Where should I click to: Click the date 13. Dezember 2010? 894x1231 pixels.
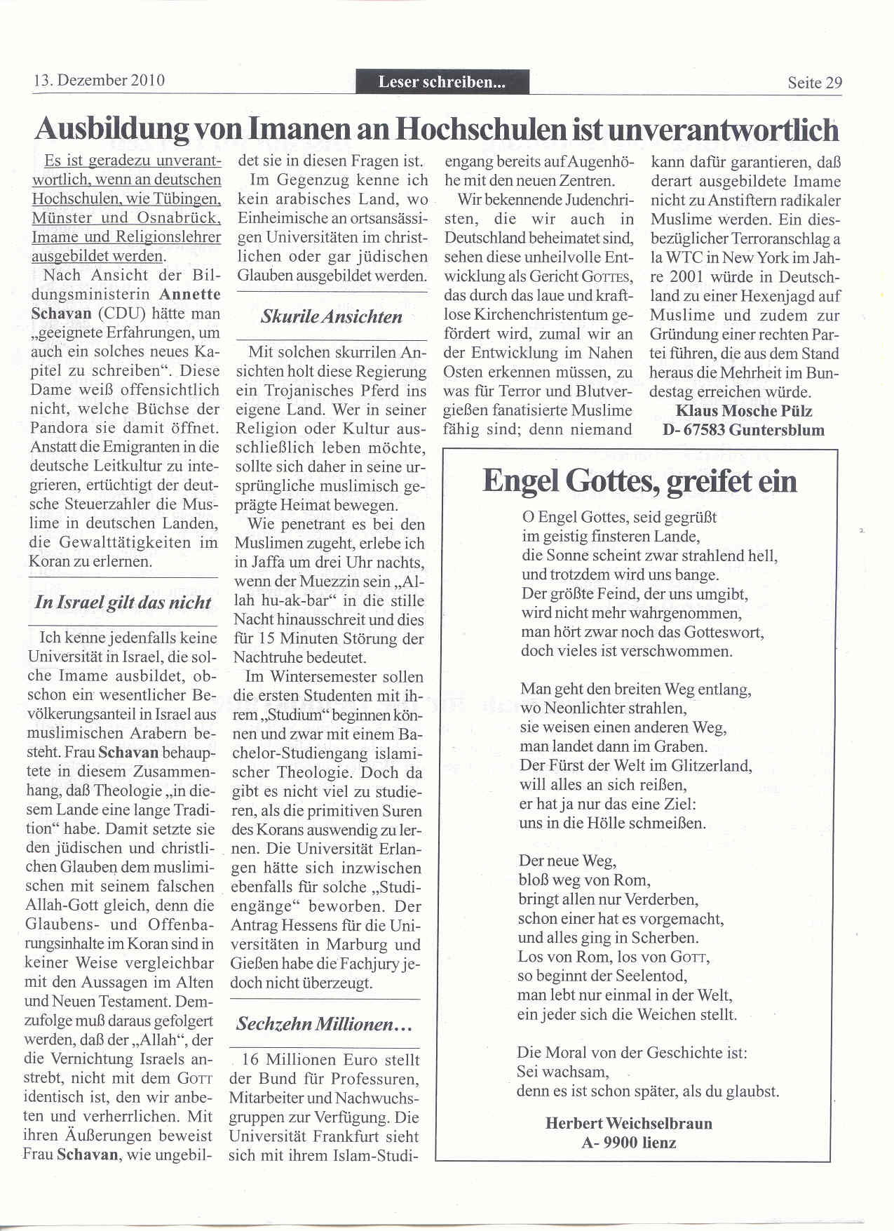point(99,80)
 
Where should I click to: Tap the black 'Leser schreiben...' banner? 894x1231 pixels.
point(442,82)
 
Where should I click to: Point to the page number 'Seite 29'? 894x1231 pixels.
point(815,83)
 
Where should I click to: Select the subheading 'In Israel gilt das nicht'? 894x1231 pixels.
point(123,603)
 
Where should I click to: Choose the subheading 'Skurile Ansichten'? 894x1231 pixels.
point(332,316)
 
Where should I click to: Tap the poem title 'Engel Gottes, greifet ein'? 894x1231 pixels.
point(639,481)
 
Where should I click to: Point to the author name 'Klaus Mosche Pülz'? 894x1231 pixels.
point(743,411)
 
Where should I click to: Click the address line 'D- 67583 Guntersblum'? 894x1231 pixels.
point(743,430)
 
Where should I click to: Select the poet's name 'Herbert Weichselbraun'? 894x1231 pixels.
point(628,1123)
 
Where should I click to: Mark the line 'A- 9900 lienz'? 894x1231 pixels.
point(628,1143)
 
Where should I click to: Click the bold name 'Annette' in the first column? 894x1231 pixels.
point(190,294)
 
